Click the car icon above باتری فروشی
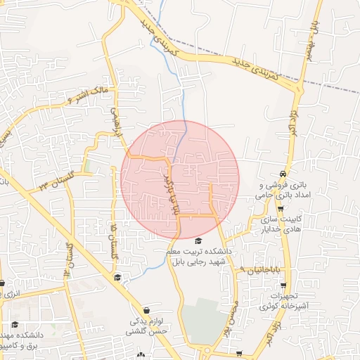coord(282,173)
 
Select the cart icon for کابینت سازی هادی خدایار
coord(281,209)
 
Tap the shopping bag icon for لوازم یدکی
coord(146,310)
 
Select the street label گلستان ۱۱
coord(70,261)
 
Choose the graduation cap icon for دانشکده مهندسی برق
coord(15,324)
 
